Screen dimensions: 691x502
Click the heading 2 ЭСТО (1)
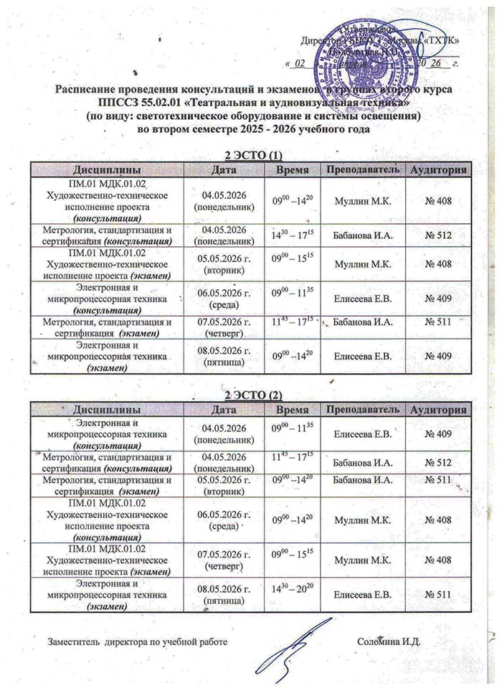tap(250, 155)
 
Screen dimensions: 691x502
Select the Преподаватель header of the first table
tap(361, 169)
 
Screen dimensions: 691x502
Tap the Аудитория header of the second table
tap(438, 409)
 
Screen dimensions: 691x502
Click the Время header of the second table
tap(293, 409)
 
